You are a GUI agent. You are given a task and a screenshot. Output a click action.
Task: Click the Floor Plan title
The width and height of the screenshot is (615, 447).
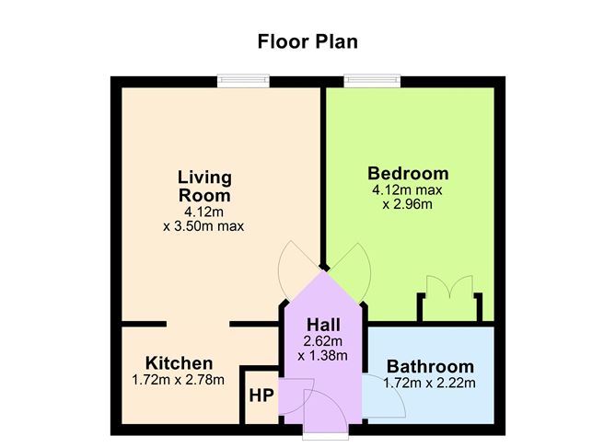click(x=307, y=41)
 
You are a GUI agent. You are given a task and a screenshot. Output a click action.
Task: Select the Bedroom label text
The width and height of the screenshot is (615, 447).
click(x=408, y=173)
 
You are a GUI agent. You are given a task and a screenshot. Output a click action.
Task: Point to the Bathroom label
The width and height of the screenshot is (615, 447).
click(x=430, y=365)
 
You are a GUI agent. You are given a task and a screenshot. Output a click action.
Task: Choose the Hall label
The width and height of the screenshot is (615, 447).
click(x=325, y=326)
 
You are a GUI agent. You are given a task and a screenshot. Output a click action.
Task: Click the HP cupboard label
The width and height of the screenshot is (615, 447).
click(x=261, y=396)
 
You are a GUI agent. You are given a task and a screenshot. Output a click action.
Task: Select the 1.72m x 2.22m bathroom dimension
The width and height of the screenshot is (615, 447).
click(x=430, y=382)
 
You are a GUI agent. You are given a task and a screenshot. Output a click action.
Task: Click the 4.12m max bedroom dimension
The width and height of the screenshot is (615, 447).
click(x=408, y=190)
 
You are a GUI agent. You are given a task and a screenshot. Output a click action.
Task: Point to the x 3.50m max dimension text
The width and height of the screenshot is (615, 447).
click(x=203, y=226)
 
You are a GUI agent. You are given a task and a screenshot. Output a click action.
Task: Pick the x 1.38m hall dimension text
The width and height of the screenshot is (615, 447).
click(x=325, y=356)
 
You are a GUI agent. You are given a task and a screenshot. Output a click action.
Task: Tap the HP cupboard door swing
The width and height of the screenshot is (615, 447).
click(x=293, y=396)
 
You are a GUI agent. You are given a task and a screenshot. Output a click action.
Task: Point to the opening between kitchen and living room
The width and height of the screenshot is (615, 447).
click(x=197, y=324)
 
